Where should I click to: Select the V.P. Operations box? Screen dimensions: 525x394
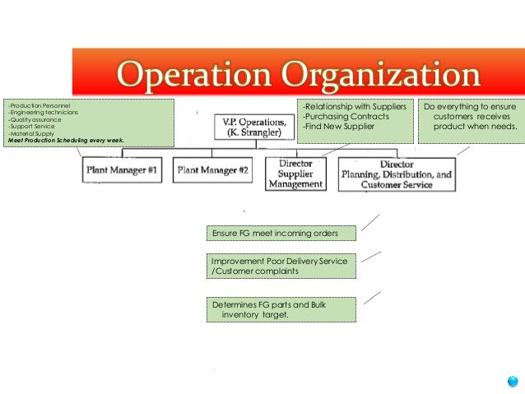pos(253,127)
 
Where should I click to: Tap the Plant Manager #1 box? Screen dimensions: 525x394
pos(123,169)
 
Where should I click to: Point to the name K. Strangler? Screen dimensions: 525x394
pos(254,133)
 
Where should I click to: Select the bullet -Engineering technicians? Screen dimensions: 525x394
pos(42,113)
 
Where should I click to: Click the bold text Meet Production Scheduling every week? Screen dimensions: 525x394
pos(65,141)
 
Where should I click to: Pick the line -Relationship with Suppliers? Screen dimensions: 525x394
pos(354,107)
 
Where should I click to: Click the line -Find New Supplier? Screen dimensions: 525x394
pos(337,127)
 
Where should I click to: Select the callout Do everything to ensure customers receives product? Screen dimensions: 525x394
pos(470,117)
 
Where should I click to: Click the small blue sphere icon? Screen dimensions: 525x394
pos(513,381)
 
